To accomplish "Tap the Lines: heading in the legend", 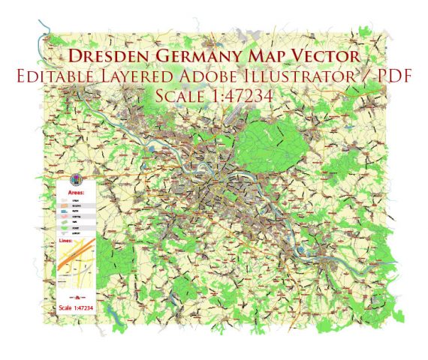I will (66, 241).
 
